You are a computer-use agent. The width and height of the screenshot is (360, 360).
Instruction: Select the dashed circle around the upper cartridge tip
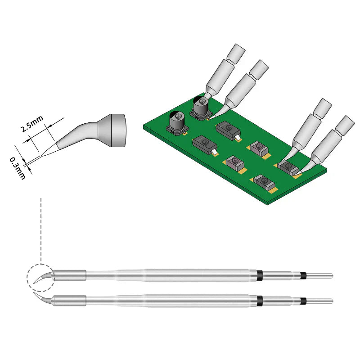pos(40,276)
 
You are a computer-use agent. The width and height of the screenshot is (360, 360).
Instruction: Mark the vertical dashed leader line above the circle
pos(41,229)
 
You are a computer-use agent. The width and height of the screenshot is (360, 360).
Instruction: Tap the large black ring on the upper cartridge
pos(260,275)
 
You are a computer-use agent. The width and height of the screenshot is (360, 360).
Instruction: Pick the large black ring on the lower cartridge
pos(260,300)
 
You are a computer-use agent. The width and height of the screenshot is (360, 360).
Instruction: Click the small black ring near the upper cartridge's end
pos(304,275)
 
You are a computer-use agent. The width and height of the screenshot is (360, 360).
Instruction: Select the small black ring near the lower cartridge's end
pos(304,300)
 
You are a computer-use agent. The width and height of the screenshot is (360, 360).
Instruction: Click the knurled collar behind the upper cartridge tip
pos(70,275)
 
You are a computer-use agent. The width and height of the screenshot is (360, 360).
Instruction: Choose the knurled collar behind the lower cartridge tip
pos(70,300)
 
